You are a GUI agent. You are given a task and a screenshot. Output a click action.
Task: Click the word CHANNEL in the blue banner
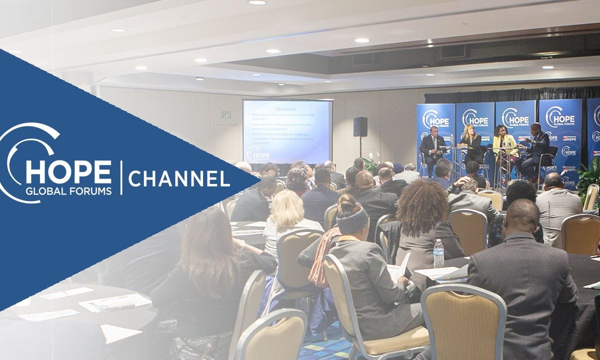pyautogui.click(x=179, y=178)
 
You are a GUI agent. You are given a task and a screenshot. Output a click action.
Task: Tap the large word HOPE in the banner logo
pyautogui.click(x=68, y=171)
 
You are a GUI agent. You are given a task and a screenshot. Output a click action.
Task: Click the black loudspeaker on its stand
pyautogui.click(x=360, y=126)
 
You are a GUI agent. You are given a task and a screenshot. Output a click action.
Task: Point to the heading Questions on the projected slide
pyautogui.click(x=286, y=108)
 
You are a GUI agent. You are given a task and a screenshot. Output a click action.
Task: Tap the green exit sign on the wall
pyautogui.click(x=226, y=114)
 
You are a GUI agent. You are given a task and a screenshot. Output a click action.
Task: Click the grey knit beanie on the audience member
pyautogui.click(x=352, y=219)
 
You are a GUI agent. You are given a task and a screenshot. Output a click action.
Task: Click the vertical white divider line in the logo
pyautogui.click(x=120, y=177)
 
